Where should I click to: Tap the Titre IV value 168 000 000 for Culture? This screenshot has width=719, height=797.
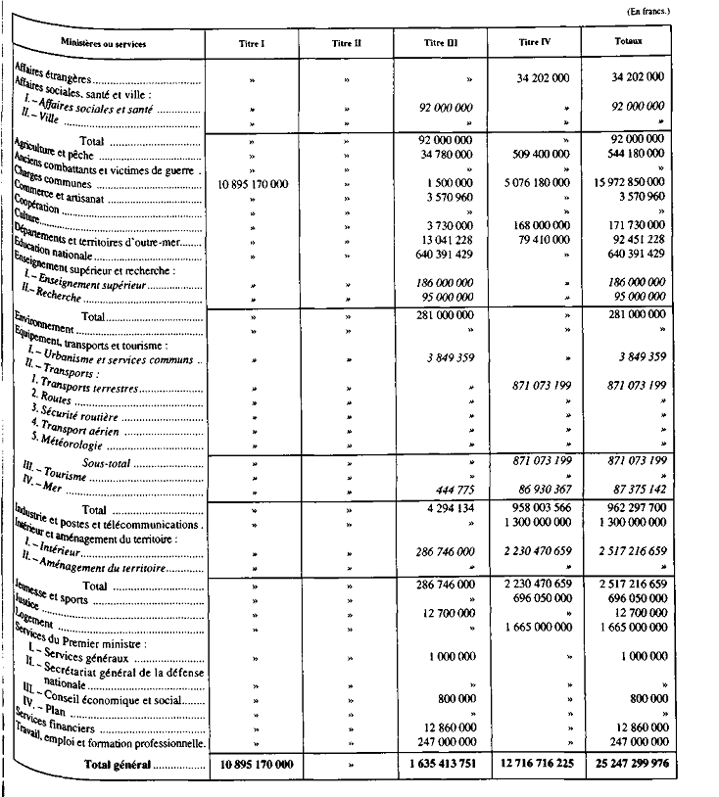pyautogui.click(x=535, y=225)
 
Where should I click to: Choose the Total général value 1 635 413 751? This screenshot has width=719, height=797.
pyautogui.click(x=436, y=764)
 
